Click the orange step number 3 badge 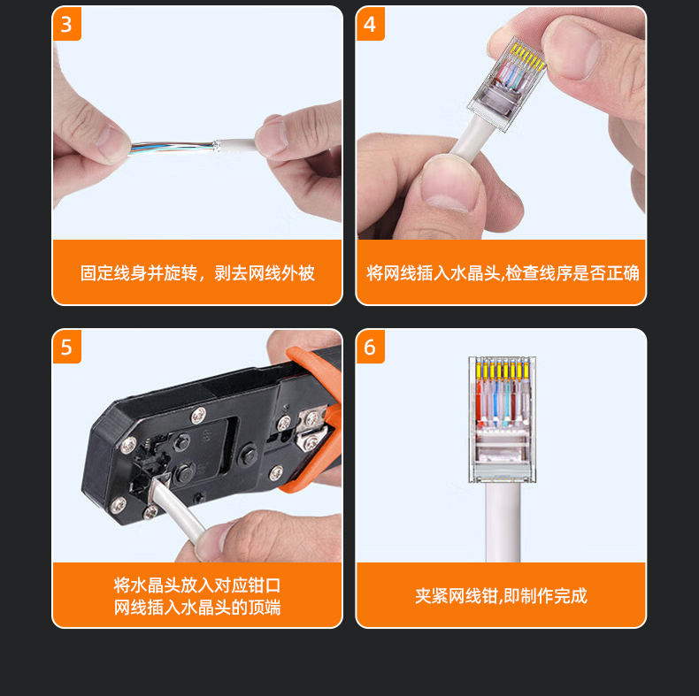click(67, 24)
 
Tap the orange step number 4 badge click(371, 24)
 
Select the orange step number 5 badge click(67, 347)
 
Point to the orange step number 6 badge click(371, 347)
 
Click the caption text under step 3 click(197, 273)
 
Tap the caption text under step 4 click(503, 273)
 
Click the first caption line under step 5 click(197, 585)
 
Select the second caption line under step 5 click(197, 608)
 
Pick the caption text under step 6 click(501, 596)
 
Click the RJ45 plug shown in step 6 click(502, 419)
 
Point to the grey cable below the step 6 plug click(503, 523)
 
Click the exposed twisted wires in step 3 click(171, 147)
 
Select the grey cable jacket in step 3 click(235, 146)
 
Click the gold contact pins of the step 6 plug click(503, 370)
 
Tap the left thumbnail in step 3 click(112, 142)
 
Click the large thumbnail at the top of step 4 click(572, 49)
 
